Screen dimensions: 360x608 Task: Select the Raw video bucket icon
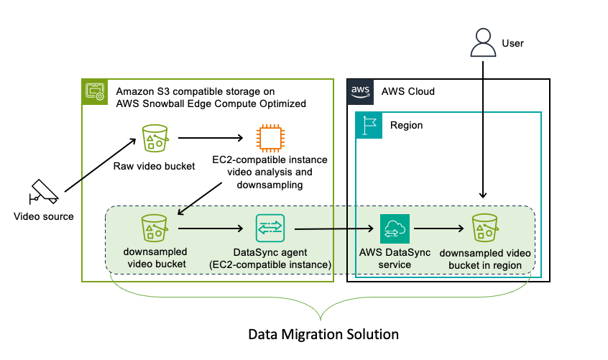155,137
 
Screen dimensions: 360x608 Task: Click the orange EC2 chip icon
268,137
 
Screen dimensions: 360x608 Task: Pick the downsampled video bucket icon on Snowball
155,229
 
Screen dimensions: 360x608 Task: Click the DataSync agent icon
270,229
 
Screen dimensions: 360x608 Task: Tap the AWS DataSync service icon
395,229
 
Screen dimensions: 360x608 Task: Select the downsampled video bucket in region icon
485,229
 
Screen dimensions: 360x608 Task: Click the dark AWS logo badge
360,92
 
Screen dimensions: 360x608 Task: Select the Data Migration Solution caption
323,334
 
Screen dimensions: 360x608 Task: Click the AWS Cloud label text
407,92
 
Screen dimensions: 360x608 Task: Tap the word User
514,44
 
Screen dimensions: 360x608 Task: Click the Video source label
44,216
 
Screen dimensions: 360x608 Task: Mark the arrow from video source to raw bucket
100,166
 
